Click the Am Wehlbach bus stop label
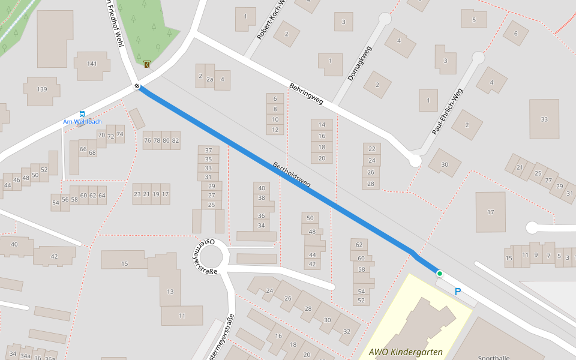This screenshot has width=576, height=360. click(x=82, y=122)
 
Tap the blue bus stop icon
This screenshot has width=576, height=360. click(x=82, y=113)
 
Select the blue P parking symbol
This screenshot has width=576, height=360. click(x=458, y=292)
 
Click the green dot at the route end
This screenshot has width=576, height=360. click(x=439, y=274)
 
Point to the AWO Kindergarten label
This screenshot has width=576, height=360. click(x=406, y=352)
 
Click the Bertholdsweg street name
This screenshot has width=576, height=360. click(x=292, y=175)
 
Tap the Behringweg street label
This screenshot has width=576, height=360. click(x=306, y=94)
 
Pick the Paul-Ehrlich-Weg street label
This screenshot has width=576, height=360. click(x=448, y=112)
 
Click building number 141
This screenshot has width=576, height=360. click(x=92, y=64)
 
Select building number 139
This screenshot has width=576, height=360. click(x=41, y=89)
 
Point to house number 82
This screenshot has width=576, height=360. click(x=175, y=140)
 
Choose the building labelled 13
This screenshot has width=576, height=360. click(x=170, y=292)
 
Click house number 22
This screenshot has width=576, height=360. click(x=371, y=149)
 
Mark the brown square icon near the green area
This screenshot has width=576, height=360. click(x=146, y=64)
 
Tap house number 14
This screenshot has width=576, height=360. click(x=322, y=125)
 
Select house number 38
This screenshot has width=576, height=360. click(x=262, y=197)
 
